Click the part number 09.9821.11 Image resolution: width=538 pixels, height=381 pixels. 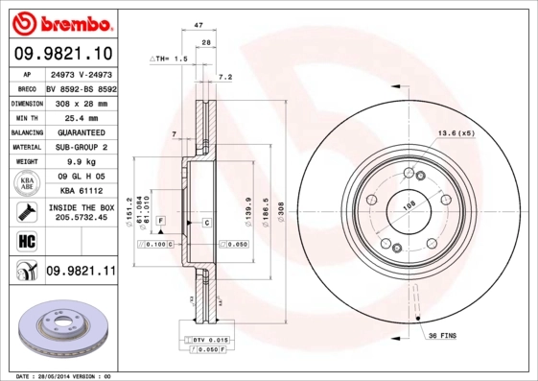81,272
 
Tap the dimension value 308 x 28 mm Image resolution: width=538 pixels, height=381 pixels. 81,103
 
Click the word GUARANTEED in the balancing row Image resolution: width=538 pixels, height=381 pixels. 81,132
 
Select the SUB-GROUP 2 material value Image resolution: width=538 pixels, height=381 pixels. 81,147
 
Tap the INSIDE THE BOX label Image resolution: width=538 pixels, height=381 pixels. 81,207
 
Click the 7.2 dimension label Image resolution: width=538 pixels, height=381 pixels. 226,76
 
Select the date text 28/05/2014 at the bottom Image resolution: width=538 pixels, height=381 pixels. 67,375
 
